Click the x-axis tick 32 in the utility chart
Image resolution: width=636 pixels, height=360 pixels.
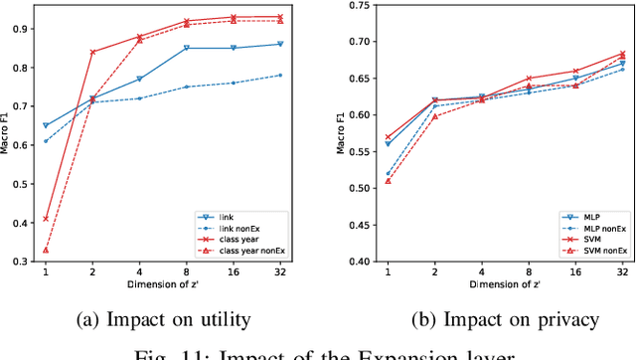[280, 271]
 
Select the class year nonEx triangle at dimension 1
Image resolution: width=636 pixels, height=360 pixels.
[45, 250]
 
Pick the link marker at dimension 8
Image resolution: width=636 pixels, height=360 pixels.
[186, 48]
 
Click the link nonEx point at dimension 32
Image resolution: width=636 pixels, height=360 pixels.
[280, 75]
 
